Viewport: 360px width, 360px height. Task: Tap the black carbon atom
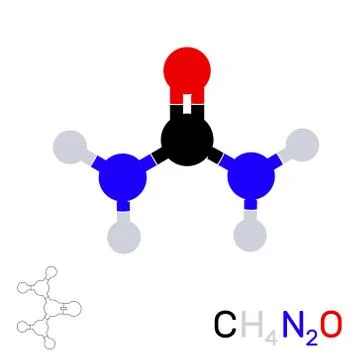[186, 139]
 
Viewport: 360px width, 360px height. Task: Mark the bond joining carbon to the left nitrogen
[155, 157]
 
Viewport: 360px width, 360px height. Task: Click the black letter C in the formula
[226, 325]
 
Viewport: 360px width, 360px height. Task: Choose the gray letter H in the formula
[252, 325]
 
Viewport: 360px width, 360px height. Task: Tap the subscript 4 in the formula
[270, 333]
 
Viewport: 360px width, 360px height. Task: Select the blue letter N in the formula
[293, 325]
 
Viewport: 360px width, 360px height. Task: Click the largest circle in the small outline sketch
[73, 308]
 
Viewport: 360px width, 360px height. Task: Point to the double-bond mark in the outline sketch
[63, 308]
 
